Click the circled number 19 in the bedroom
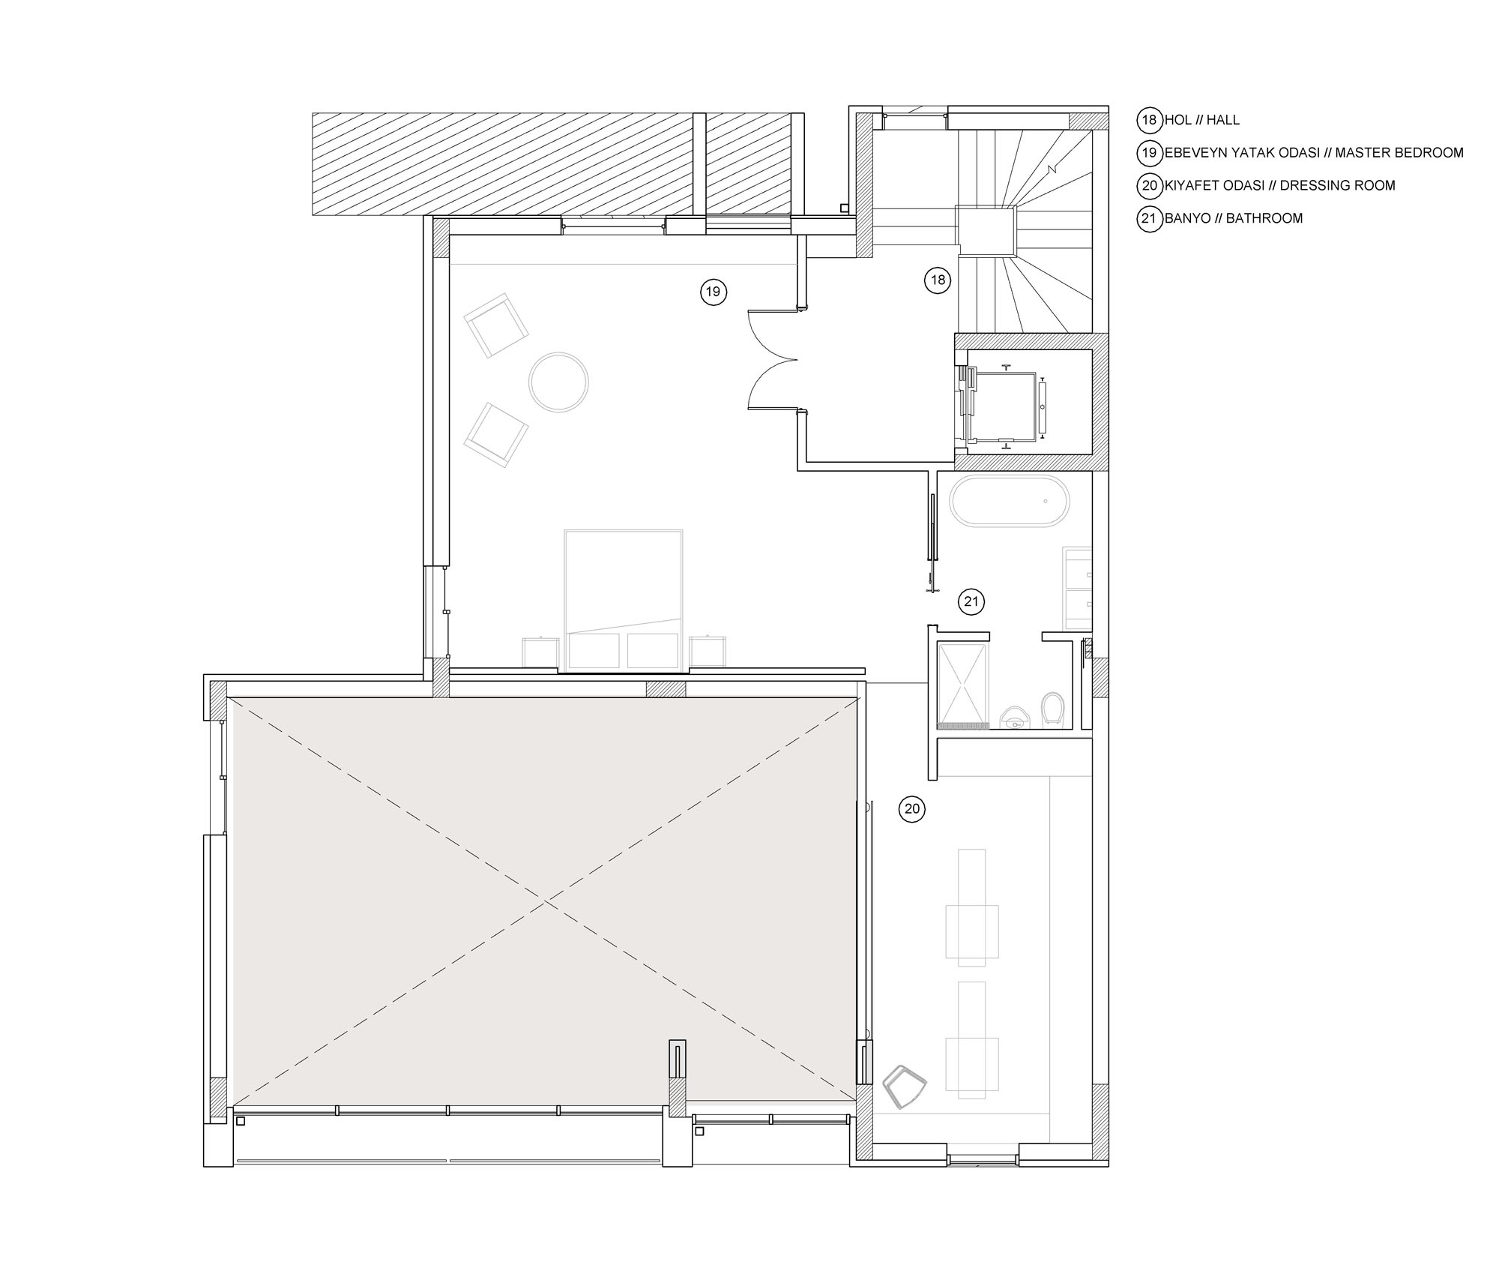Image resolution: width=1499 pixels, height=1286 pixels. [x=713, y=291]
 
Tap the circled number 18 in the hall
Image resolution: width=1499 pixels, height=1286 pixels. [x=937, y=280]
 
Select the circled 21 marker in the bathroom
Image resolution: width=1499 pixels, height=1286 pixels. [x=971, y=601]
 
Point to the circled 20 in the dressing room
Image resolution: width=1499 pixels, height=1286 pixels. [x=911, y=809]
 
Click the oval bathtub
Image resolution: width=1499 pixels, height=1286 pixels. [x=1010, y=502]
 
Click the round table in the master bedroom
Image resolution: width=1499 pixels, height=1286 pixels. [x=558, y=382]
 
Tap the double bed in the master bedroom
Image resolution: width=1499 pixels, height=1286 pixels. [x=624, y=600]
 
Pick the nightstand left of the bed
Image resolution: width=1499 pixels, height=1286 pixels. [x=540, y=652]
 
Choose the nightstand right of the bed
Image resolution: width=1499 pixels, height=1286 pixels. [x=708, y=651]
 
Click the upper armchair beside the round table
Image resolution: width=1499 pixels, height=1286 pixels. [x=496, y=325]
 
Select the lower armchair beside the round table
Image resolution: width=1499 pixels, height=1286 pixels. [x=496, y=435]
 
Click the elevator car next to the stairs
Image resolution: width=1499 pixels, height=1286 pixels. [x=1003, y=406]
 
